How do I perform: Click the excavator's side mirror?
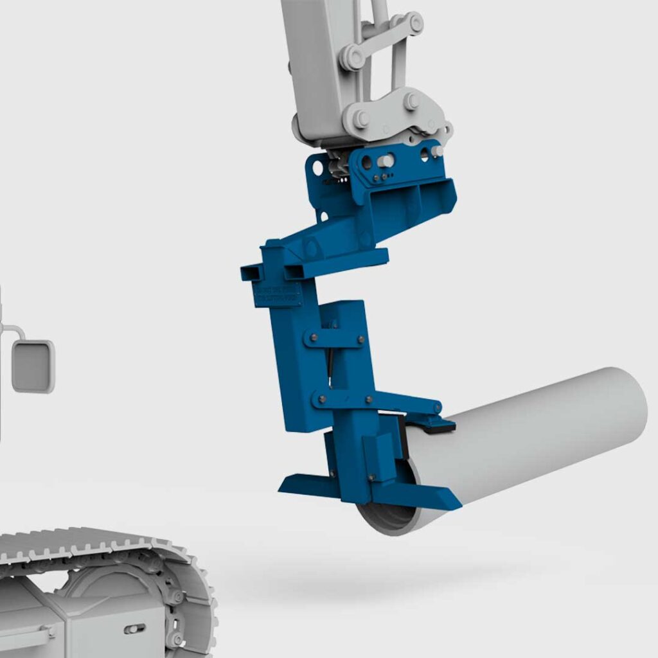(33, 366)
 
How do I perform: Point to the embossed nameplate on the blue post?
(278, 294)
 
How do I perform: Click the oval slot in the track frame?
(134, 628)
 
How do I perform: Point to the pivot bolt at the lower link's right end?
(437, 407)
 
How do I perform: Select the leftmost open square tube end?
(251, 272)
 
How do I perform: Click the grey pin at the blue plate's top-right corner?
(437, 151)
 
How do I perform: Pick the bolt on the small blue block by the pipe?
(371, 476)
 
